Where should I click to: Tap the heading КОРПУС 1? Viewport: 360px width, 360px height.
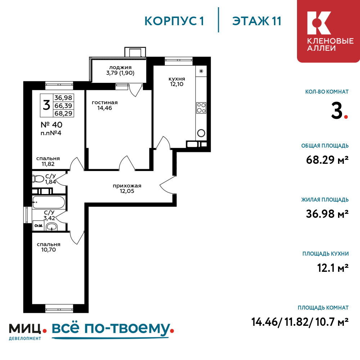click(174, 21)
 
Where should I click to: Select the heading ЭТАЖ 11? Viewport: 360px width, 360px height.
click(257, 21)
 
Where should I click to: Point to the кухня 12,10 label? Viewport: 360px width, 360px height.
click(177, 81)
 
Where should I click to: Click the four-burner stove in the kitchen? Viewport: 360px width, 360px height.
click(201, 108)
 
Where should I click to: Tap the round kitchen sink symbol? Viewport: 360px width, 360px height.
click(201, 133)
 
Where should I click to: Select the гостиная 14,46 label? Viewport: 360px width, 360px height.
click(105, 105)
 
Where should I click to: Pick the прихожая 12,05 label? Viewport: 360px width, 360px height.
click(127, 189)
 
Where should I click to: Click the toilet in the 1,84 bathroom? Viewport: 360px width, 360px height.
click(38, 179)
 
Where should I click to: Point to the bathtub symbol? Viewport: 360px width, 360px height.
click(49, 202)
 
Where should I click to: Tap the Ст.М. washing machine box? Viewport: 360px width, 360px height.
click(39, 226)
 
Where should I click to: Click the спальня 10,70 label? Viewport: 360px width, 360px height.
click(49, 247)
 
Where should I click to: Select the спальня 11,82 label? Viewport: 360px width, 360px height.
click(48, 161)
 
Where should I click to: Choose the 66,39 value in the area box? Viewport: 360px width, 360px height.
click(63, 105)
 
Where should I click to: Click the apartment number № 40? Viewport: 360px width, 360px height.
click(51, 125)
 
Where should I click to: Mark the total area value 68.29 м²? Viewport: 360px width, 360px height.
click(327, 159)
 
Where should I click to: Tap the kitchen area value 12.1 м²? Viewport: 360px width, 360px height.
click(333, 268)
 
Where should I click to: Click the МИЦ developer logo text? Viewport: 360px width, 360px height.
click(25, 329)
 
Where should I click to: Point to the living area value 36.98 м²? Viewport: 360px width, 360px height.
click(327, 214)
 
